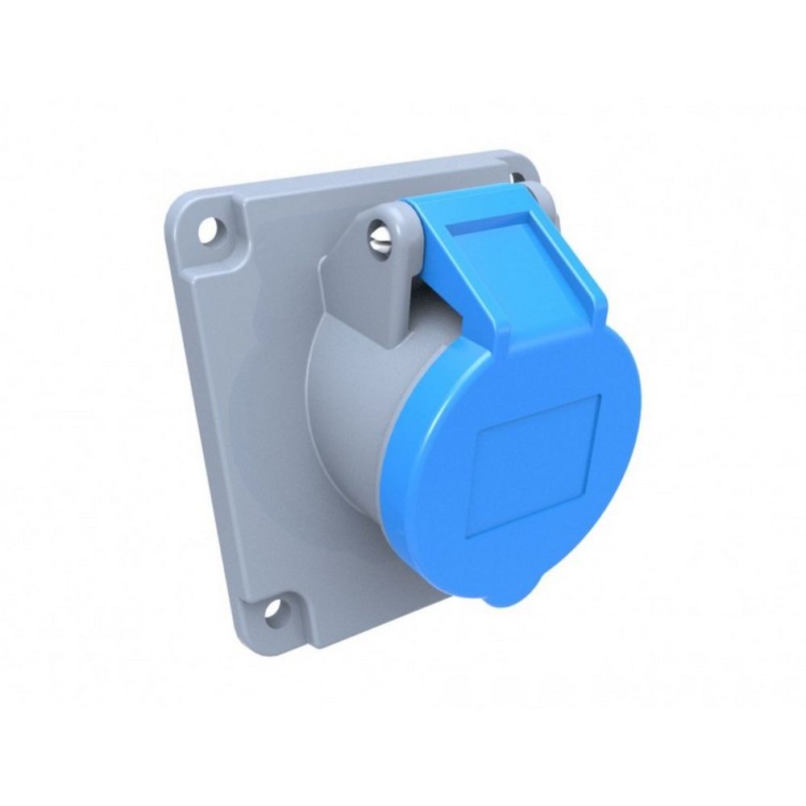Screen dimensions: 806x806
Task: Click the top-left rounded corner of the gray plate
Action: pos(181,201)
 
